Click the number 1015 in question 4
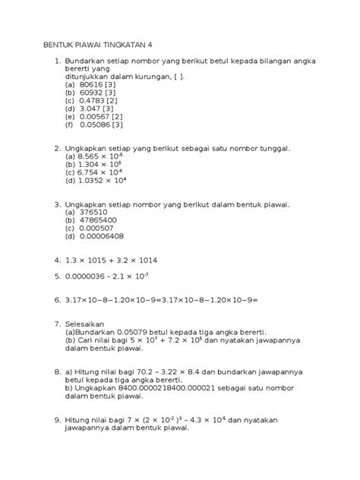[x=115, y=260]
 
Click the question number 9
[x=50, y=419]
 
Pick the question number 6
[x=50, y=299]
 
